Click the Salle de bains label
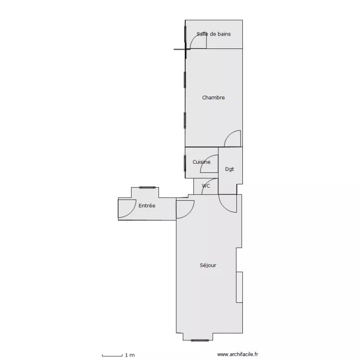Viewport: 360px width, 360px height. click(214, 34)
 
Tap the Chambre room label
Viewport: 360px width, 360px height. click(213, 97)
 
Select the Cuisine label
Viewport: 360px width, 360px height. click(201, 162)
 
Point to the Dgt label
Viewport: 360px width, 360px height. click(229, 169)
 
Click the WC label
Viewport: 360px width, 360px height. click(206, 186)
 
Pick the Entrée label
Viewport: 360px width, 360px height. click(147, 205)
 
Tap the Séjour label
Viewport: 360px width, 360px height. click(208, 265)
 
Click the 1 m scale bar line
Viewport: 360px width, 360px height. click(112, 356)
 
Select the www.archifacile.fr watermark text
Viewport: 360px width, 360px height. click(238, 355)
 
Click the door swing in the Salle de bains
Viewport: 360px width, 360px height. click(194, 38)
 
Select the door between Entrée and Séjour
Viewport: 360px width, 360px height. click(189, 213)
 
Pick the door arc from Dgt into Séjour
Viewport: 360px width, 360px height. click(223, 208)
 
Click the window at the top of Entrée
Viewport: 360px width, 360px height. click(147, 188)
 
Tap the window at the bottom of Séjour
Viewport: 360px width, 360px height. click(200, 340)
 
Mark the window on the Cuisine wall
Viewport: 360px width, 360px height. click(185, 163)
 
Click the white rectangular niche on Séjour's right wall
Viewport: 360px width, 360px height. click(240, 287)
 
